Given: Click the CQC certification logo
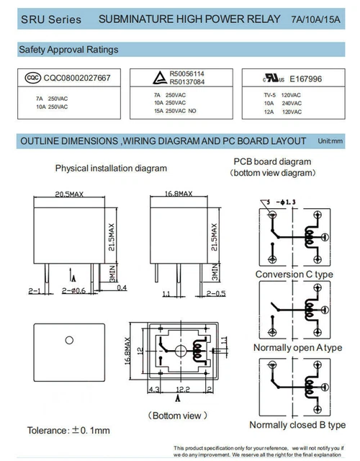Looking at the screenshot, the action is pos(33,78).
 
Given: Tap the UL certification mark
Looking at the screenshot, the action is pos(274,79).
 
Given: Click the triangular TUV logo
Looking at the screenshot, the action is pos(160,78).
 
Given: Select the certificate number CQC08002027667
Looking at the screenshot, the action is pos(77,78).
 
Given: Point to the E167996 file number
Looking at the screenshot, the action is pos(305,79).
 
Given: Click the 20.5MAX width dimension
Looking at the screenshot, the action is pos(69,194).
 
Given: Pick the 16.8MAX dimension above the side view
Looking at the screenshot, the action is pos(179,194).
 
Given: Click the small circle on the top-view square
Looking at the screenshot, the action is pos(69,340).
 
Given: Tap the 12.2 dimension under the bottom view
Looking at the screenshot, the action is pos(183,389).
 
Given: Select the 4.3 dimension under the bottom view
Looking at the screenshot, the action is pos(154,390).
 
